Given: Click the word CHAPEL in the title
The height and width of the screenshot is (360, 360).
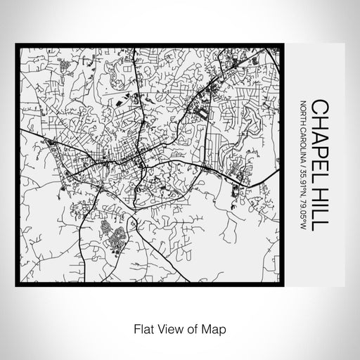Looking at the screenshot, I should pyautogui.click(x=319, y=129).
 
